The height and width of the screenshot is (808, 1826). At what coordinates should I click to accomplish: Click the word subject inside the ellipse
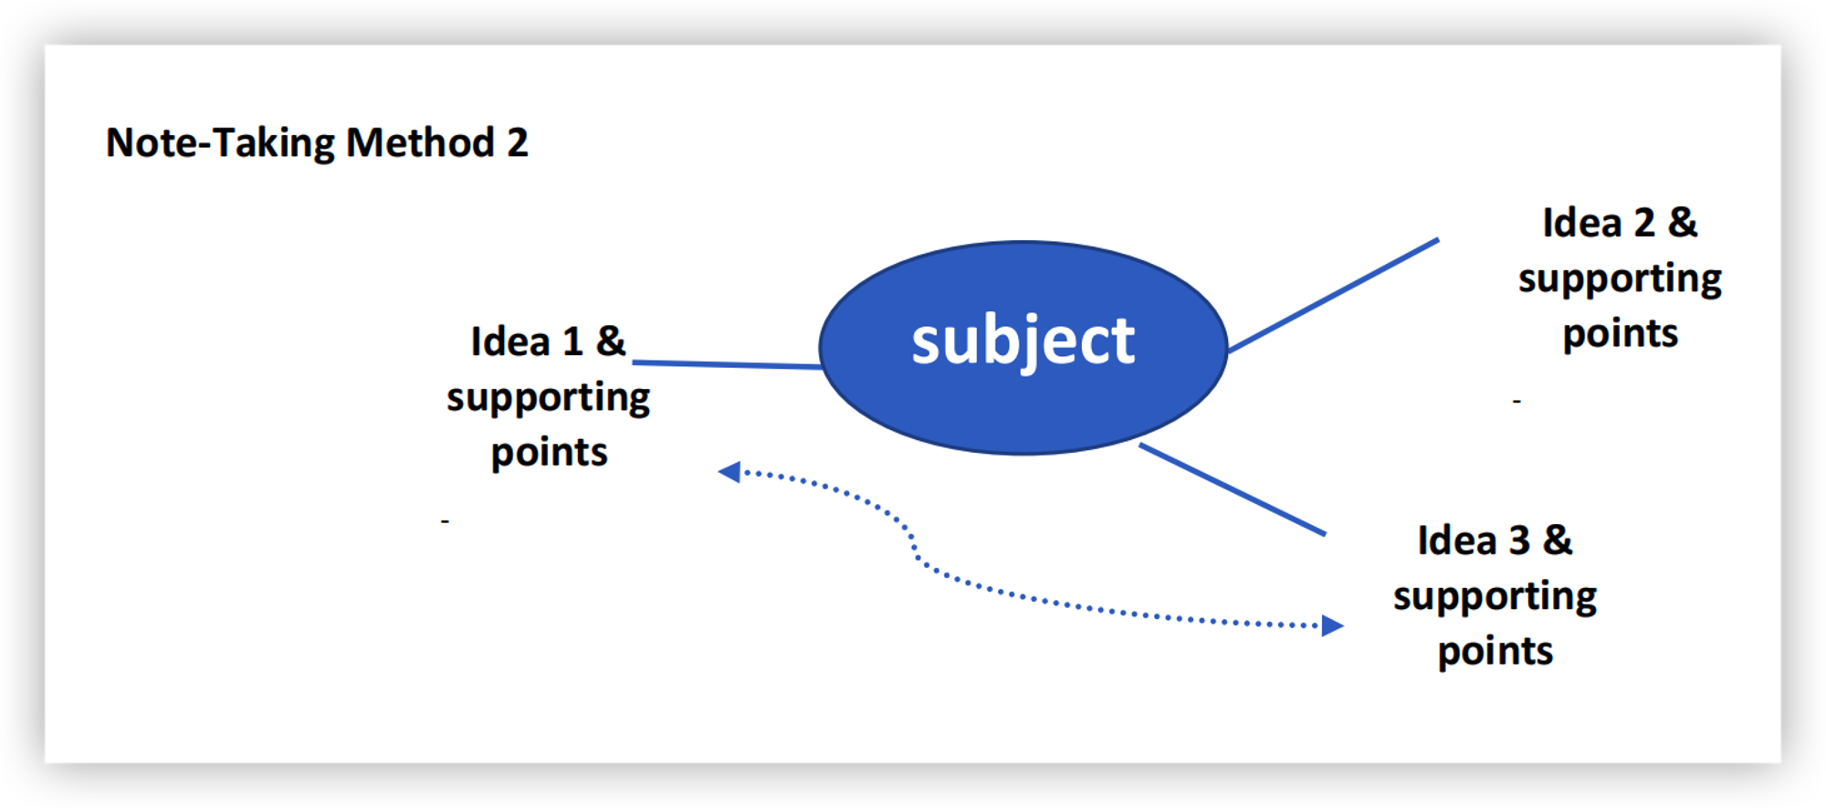[x=1023, y=341]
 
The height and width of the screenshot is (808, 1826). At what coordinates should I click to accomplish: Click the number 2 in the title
[x=518, y=143]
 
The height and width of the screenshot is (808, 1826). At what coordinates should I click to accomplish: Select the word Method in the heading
[x=420, y=143]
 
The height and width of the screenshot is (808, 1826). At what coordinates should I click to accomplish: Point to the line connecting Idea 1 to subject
[x=726, y=364]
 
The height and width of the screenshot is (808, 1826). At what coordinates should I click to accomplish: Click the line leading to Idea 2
[x=1333, y=296]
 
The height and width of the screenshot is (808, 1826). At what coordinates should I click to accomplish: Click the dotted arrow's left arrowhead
[x=729, y=472]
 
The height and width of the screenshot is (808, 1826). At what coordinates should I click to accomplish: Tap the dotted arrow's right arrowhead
[x=1332, y=625]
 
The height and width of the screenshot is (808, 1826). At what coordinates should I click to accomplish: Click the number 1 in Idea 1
[x=572, y=342]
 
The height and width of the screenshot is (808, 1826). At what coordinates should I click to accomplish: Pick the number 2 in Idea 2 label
[x=1644, y=224]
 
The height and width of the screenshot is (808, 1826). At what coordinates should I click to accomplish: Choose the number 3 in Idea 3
[x=1519, y=540]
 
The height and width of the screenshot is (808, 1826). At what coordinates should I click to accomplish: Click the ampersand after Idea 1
[x=611, y=342]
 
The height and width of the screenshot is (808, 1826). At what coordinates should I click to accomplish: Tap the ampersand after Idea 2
[x=1683, y=224]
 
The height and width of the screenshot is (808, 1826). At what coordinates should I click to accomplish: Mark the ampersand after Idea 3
[x=1558, y=540]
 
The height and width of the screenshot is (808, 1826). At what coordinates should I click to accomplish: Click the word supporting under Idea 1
[x=548, y=399]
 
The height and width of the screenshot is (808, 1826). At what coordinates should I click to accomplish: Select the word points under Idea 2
[x=1620, y=334]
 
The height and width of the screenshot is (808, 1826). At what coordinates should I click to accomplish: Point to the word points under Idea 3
[x=1495, y=652]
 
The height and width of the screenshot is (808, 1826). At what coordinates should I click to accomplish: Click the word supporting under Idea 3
[x=1495, y=597]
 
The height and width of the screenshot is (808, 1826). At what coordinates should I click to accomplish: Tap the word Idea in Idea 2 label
[x=1582, y=224]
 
